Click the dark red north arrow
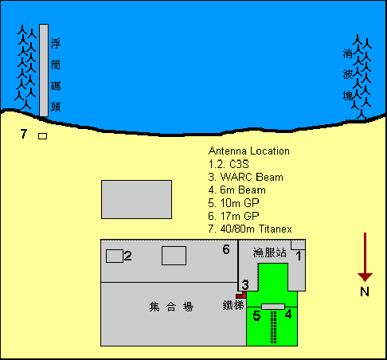pos(365,256)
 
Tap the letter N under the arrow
pos(365,292)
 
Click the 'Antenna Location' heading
pos(249,151)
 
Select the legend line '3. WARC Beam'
pos(246,177)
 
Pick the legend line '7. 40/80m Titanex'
pos(250,229)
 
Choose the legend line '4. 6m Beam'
pos(237,190)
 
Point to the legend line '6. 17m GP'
pos(233,216)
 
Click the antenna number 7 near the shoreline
pos(24,134)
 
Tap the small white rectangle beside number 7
pos(43,136)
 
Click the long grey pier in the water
pos(44,70)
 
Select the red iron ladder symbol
pos(241,295)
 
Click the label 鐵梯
pos(233,305)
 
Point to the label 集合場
pos(171,307)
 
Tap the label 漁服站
pos(269,252)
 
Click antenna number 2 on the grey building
pos(127,256)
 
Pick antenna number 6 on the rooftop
pos(226,249)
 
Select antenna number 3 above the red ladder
pos(245,285)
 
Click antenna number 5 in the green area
pos(256,316)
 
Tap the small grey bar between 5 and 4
pos(273,307)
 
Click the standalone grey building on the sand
pos(136,200)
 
